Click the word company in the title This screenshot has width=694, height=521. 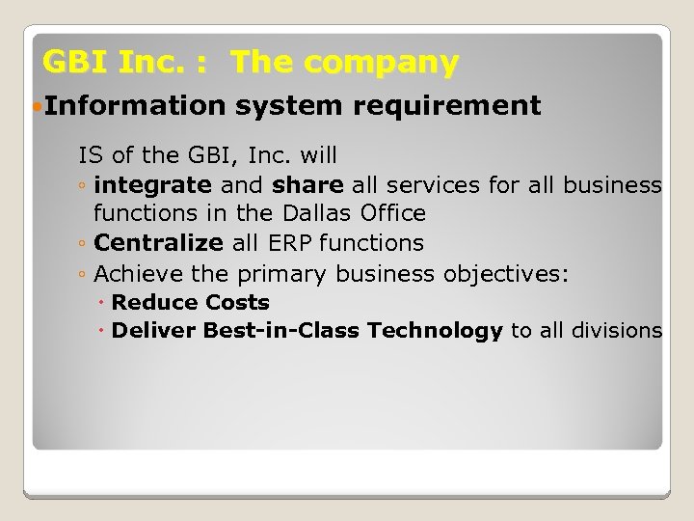tap(390, 63)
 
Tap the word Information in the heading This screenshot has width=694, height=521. tap(133, 105)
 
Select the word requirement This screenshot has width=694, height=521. tap(447, 105)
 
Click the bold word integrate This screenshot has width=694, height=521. tap(153, 184)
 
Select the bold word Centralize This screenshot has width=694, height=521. tap(159, 243)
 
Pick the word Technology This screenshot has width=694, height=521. tap(435, 331)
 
